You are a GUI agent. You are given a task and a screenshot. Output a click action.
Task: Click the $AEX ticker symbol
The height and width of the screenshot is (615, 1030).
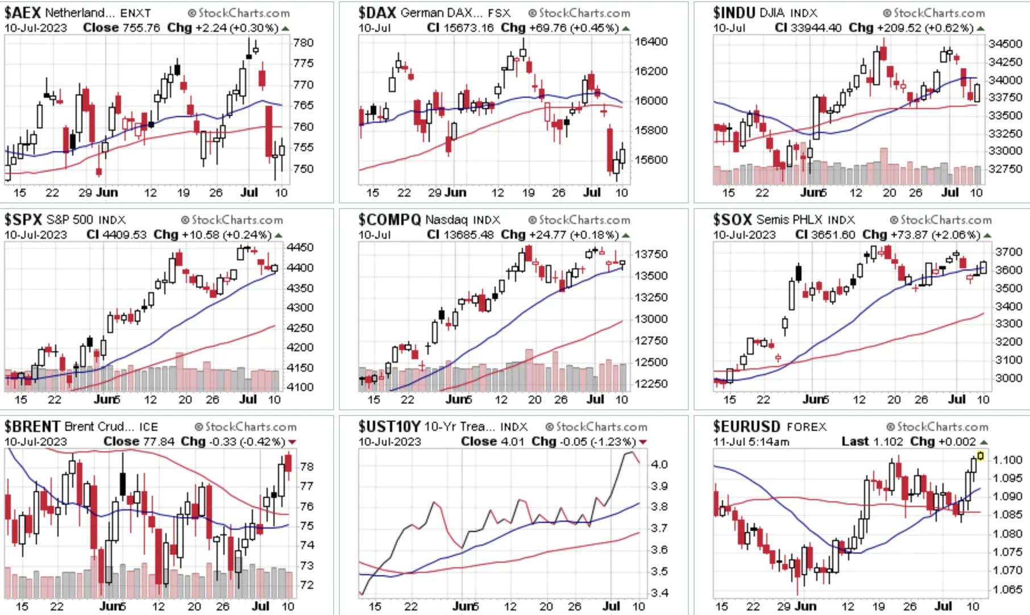(23, 13)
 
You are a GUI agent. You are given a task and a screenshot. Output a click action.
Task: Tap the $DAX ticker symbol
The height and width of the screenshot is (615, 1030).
(377, 13)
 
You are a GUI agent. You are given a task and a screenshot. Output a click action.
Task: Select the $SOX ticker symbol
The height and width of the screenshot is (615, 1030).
(733, 219)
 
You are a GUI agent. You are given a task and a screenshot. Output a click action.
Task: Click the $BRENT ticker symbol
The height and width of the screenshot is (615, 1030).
(32, 426)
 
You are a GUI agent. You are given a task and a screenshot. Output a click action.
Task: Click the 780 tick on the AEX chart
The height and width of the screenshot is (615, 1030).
(304, 43)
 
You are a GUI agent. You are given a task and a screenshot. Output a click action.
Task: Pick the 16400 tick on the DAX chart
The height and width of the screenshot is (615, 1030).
(651, 41)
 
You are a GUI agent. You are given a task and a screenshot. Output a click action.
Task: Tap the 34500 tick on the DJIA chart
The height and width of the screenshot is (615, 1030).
(1006, 44)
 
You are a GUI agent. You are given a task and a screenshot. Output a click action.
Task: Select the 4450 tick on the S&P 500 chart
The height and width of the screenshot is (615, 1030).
(300, 247)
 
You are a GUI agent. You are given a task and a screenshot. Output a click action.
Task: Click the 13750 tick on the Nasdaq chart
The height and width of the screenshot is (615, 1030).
(651, 254)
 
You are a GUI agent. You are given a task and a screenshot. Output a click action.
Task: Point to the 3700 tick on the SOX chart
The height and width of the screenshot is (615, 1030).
(1008, 252)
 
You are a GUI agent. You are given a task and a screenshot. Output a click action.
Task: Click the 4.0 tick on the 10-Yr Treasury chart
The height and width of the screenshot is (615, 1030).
(659, 464)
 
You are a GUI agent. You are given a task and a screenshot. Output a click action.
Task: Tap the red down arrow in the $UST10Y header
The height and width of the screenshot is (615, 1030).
(643, 442)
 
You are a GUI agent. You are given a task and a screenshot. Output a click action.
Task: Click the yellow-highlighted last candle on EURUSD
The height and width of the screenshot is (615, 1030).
(980, 456)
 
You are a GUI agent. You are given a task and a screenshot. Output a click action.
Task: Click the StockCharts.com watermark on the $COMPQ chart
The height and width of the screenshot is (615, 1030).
(579, 220)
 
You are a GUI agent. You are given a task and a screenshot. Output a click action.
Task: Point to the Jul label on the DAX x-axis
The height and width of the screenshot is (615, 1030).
(592, 193)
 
